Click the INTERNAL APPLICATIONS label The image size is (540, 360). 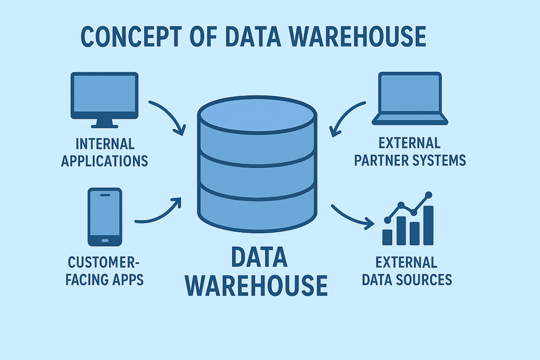(x=105, y=152)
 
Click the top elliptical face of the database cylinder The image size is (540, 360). (x=256, y=114)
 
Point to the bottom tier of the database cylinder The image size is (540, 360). (x=256, y=213)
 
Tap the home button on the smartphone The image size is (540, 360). (x=105, y=240)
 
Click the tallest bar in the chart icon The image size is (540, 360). (x=428, y=225)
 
